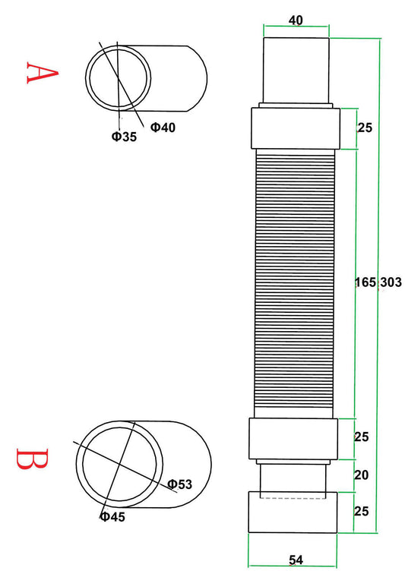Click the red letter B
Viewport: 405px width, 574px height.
point(33,459)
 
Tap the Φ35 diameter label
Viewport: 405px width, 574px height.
point(123,137)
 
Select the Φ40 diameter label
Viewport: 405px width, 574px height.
point(163,127)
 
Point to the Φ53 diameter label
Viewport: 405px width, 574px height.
point(180,484)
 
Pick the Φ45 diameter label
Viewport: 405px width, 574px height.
point(112,517)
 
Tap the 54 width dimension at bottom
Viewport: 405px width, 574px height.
point(296,560)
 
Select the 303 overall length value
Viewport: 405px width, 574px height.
point(391,282)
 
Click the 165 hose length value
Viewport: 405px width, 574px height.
point(365,282)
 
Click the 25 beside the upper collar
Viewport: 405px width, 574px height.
point(364,128)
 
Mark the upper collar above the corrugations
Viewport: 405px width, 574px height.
point(296,128)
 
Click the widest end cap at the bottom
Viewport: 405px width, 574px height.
point(293,512)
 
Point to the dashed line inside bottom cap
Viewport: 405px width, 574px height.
point(293,498)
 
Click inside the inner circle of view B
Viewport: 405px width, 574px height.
point(122,463)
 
